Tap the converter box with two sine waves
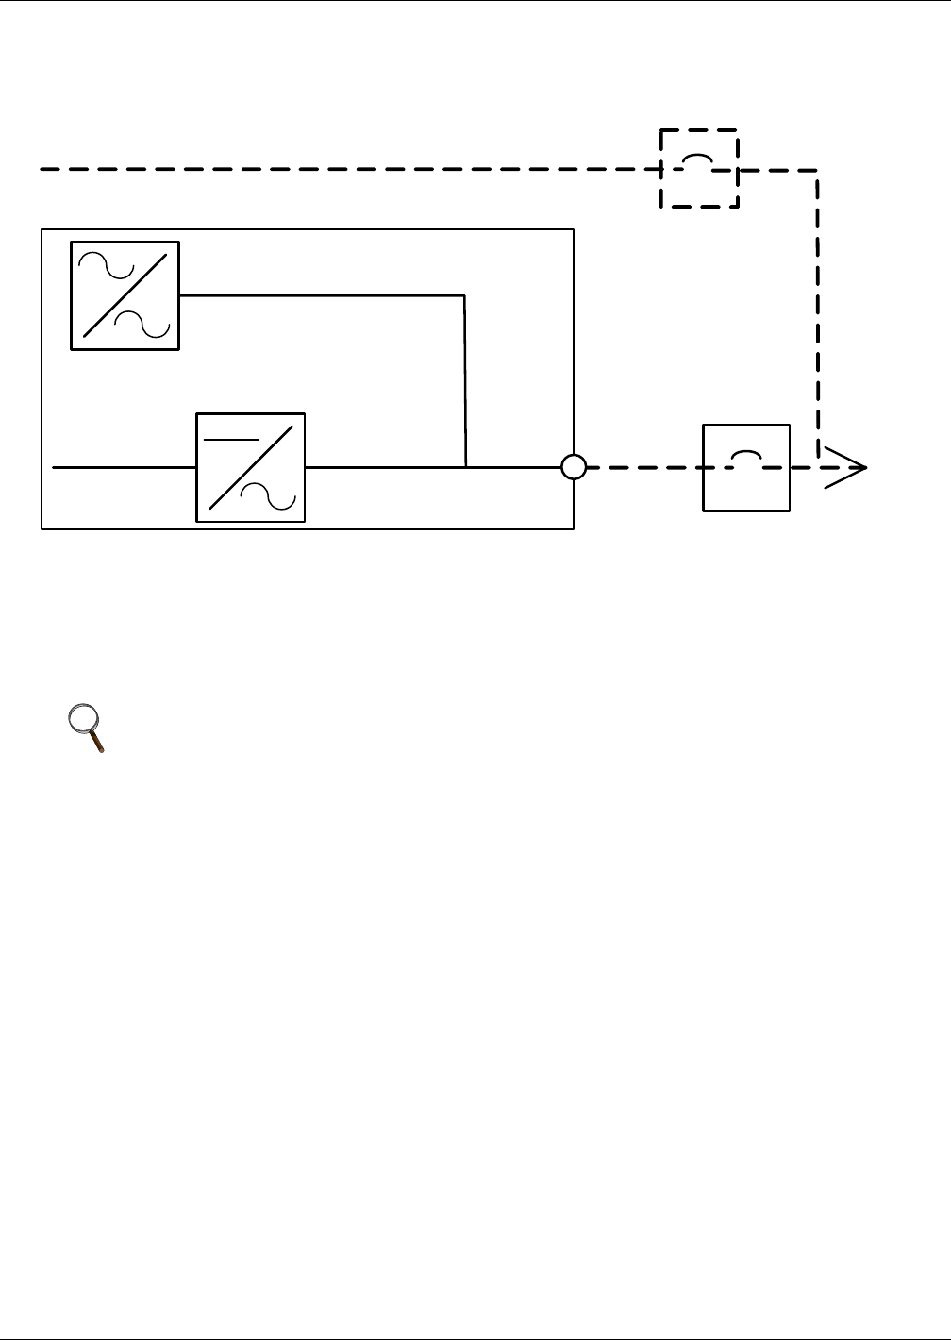click(x=125, y=295)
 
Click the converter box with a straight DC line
click(x=250, y=467)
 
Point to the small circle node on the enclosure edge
click(x=574, y=467)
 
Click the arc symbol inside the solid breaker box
click(x=746, y=456)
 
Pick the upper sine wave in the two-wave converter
click(x=106, y=264)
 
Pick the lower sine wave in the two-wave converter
click(x=142, y=324)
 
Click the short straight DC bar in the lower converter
click(x=231, y=440)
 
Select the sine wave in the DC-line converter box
click(x=269, y=494)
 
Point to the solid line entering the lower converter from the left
click(x=123, y=467)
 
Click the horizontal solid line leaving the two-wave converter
click(x=321, y=295)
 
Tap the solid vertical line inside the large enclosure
click(x=465, y=377)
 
